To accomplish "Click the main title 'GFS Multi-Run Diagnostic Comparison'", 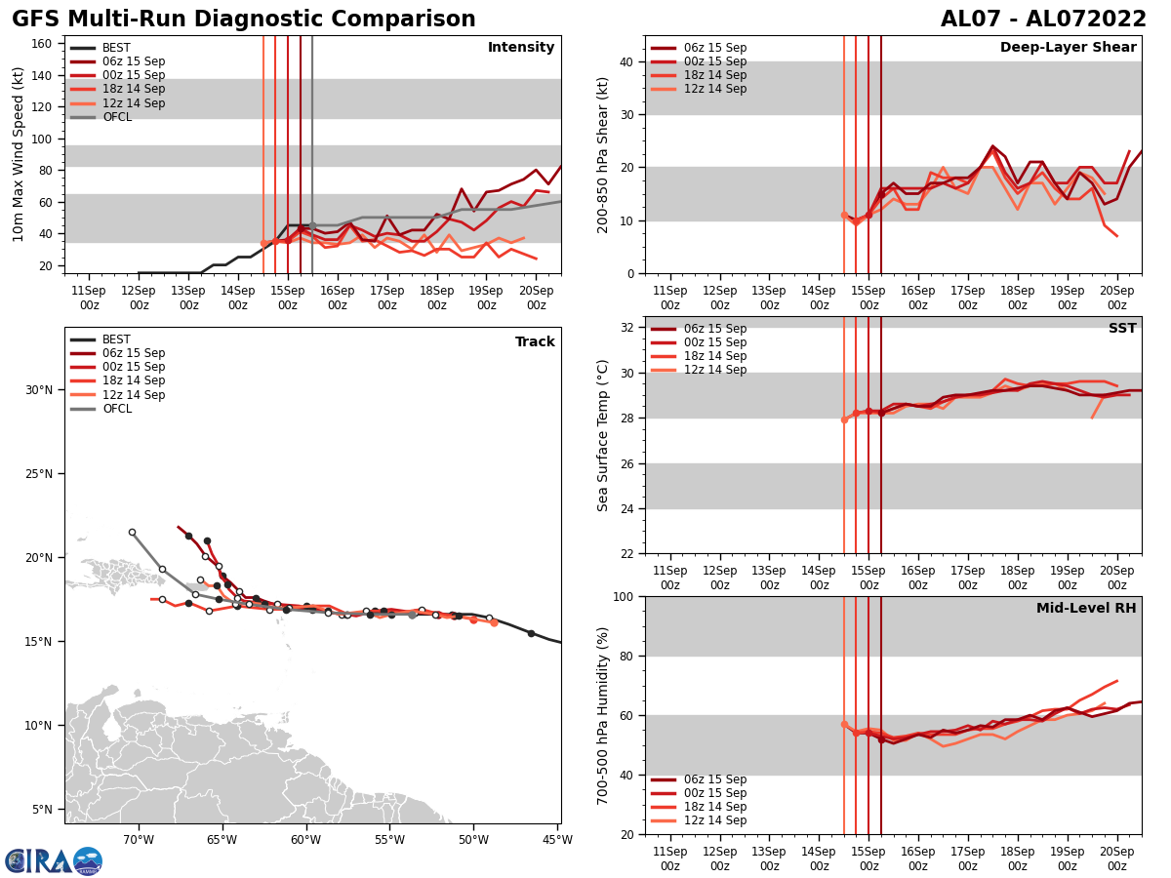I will pyautogui.click(x=244, y=20).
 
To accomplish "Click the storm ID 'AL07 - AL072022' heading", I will pyautogui.click(x=1043, y=20).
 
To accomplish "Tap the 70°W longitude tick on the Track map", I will pyautogui.click(x=139, y=840).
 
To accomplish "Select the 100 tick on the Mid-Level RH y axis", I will pyautogui.click(x=625, y=596).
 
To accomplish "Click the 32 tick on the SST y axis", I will pyautogui.click(x=628, y=328).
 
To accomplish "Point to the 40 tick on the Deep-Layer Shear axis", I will pyautogui.click(x=628, y=61).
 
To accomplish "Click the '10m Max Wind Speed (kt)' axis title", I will pyautogui.click(x=19, y=154).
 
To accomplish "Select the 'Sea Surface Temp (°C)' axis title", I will pyautogui.click(x=603, y=435).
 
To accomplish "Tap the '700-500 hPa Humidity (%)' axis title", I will pyautogui.click(x=603, y=715).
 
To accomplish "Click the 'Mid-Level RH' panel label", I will pyautogui.click(x=1086, y=609).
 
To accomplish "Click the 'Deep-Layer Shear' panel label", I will pyautogui.click(x=1068, y=48).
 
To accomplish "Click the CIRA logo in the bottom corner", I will pyautogui.click(x=54, y=861).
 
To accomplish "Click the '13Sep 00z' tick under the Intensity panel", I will pyautogui.click(x=188, y=298).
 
